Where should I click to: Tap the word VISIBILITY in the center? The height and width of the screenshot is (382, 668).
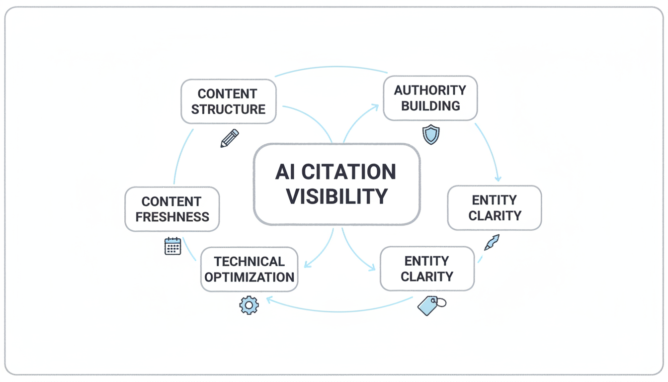337,196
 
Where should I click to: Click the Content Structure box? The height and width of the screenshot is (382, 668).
228,101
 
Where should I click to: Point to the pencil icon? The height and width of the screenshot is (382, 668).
229,138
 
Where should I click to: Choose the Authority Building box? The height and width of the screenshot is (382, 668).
430,98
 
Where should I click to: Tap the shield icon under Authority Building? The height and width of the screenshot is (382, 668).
430,135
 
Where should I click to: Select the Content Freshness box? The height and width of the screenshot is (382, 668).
172,209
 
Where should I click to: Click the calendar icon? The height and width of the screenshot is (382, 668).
172,246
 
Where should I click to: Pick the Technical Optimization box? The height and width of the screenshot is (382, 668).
249,269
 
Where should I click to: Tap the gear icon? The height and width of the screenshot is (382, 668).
249,305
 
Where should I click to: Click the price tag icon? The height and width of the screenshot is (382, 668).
430,304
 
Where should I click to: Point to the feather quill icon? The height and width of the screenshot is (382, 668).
492,242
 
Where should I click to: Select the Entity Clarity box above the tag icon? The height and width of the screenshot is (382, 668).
427,269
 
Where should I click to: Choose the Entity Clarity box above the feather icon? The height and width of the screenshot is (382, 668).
495,208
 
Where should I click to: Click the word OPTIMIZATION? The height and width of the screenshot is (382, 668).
249,277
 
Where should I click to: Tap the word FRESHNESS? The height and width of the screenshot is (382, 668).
172,217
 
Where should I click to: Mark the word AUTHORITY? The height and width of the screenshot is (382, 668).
430,90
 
